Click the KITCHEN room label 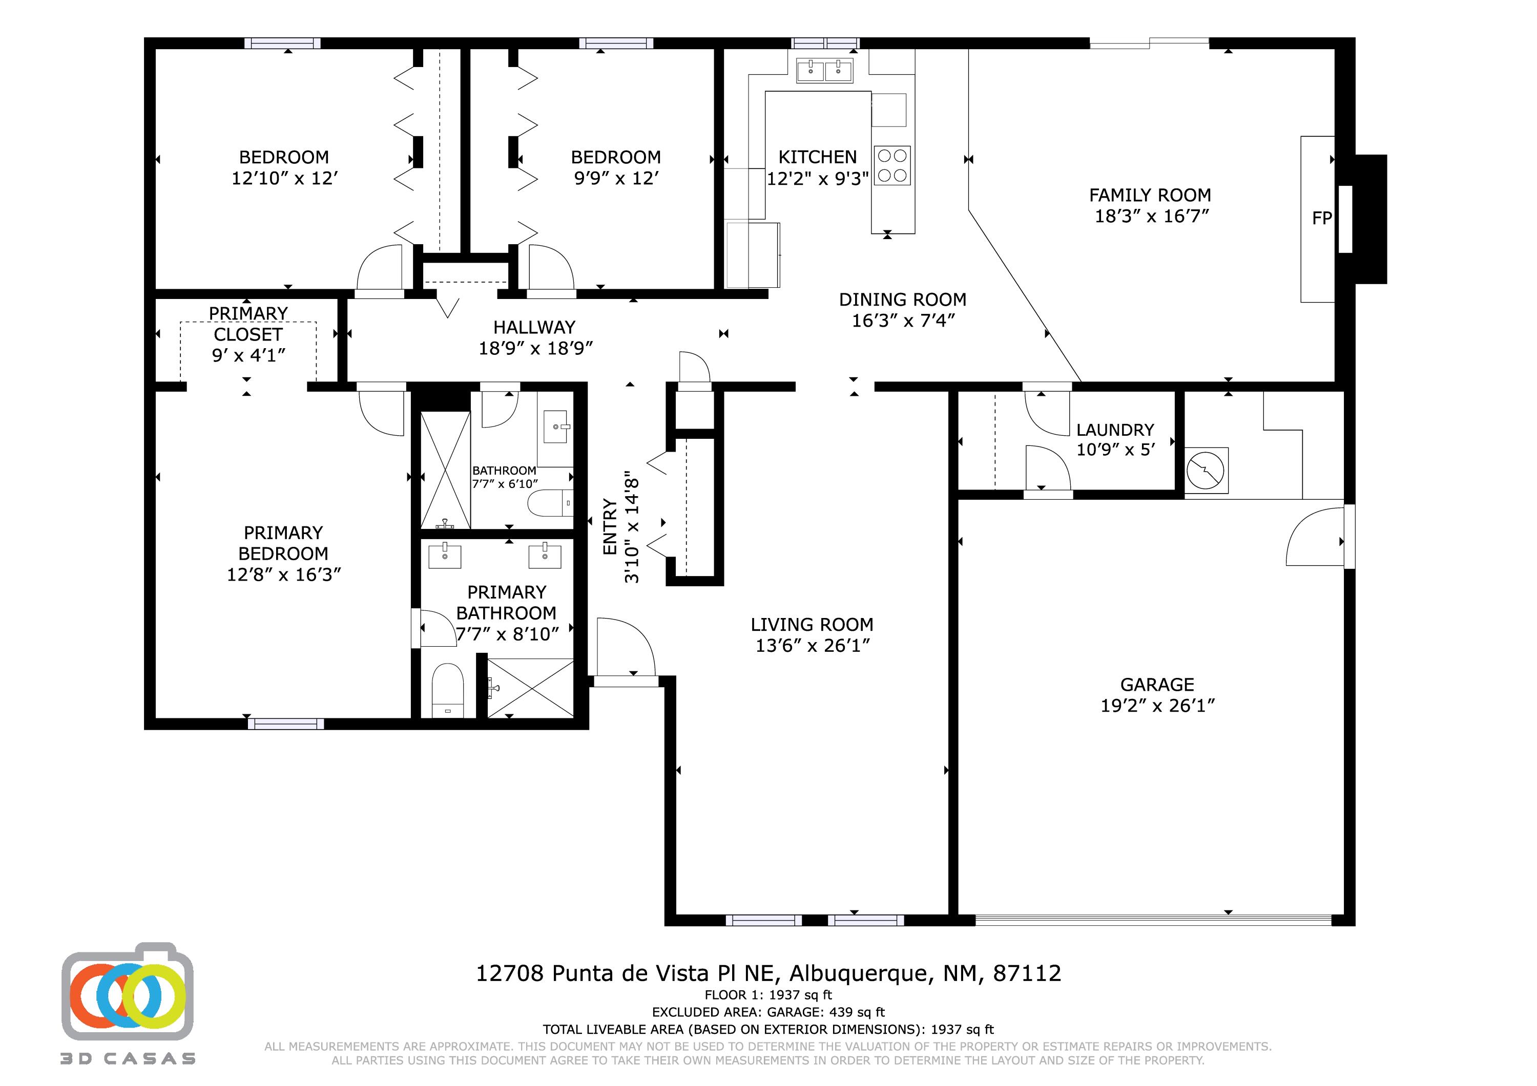tap(817, 157)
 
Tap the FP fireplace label tap(1321, 218)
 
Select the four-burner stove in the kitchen tap(891, 166)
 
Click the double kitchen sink tap(824, 70)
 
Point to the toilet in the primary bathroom tap(447, 690)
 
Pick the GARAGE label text tap(1157, 685)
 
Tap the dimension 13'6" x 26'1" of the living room tap(812, 646)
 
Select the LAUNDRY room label tap(1115, 430)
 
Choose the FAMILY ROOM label tap(1150, 196)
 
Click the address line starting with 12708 tap(768, 973)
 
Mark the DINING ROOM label tap(902, 300)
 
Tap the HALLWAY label tap(534, 327)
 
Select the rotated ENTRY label tap(610, 526)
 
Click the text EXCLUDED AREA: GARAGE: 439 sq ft tap(768, 1012)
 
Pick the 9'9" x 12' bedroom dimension tap(616, 178)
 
